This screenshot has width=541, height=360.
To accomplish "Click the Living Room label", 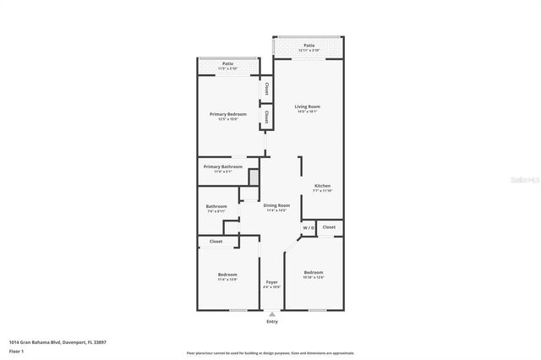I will tap(307, 107).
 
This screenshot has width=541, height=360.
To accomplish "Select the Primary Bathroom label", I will tap(222, 167).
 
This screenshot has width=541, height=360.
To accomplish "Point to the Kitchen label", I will tap(322, 186).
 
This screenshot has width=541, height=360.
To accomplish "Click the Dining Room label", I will tap(276, 206).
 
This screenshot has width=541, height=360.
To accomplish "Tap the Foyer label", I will tap(271, 282).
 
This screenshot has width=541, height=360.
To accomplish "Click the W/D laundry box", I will tap(309, 228).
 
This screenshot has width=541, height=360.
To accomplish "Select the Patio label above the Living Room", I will tap(309, 46).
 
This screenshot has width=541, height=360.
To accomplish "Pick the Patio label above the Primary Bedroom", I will tap(228, 63).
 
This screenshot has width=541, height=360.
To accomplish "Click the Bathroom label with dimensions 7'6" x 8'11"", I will tap(216, 207).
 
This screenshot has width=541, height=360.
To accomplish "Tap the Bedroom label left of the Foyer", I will tap(227, 275).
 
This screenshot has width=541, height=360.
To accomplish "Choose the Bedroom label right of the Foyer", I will tap(314, 273).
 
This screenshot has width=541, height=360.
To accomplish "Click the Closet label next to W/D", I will tap(329, 227).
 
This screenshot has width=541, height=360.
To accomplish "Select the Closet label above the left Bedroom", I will tap(216, 241).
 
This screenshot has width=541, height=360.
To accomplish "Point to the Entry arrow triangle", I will tap(271, 314).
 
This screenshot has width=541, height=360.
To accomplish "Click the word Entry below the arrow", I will tap(271, 321).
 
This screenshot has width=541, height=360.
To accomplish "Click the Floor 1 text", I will tap(16, 351).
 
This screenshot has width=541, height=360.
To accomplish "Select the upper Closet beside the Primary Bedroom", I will tap(265, 87).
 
